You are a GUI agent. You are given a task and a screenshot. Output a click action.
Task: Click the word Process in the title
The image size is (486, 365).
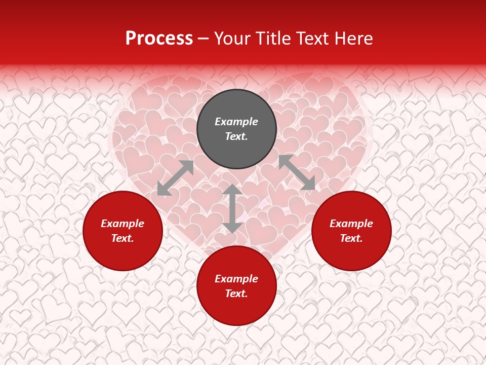159,39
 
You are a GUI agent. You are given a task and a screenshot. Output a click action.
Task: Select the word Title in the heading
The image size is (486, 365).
274,39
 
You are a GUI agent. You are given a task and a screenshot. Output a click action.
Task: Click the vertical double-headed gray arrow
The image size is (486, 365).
232,208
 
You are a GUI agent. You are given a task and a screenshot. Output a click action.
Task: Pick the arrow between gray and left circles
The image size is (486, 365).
175,178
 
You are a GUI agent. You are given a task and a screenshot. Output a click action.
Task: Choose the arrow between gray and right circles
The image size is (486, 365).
297,172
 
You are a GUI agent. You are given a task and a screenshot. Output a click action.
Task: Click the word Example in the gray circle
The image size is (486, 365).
236,122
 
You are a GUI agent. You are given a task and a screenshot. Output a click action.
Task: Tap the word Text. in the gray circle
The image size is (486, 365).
236,136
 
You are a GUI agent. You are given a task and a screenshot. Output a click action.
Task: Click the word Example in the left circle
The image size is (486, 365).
123,224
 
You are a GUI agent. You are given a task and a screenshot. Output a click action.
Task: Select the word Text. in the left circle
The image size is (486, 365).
123,238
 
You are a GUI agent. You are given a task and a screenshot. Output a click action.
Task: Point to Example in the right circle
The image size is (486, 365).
351,224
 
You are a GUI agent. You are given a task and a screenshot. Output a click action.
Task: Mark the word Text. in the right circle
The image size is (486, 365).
351,238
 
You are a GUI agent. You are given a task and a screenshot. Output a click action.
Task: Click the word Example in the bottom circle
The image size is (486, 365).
236,279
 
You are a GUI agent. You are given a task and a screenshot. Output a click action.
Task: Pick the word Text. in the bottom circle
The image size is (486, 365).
236,294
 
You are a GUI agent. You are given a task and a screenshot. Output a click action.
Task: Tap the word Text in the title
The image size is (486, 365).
312,39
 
